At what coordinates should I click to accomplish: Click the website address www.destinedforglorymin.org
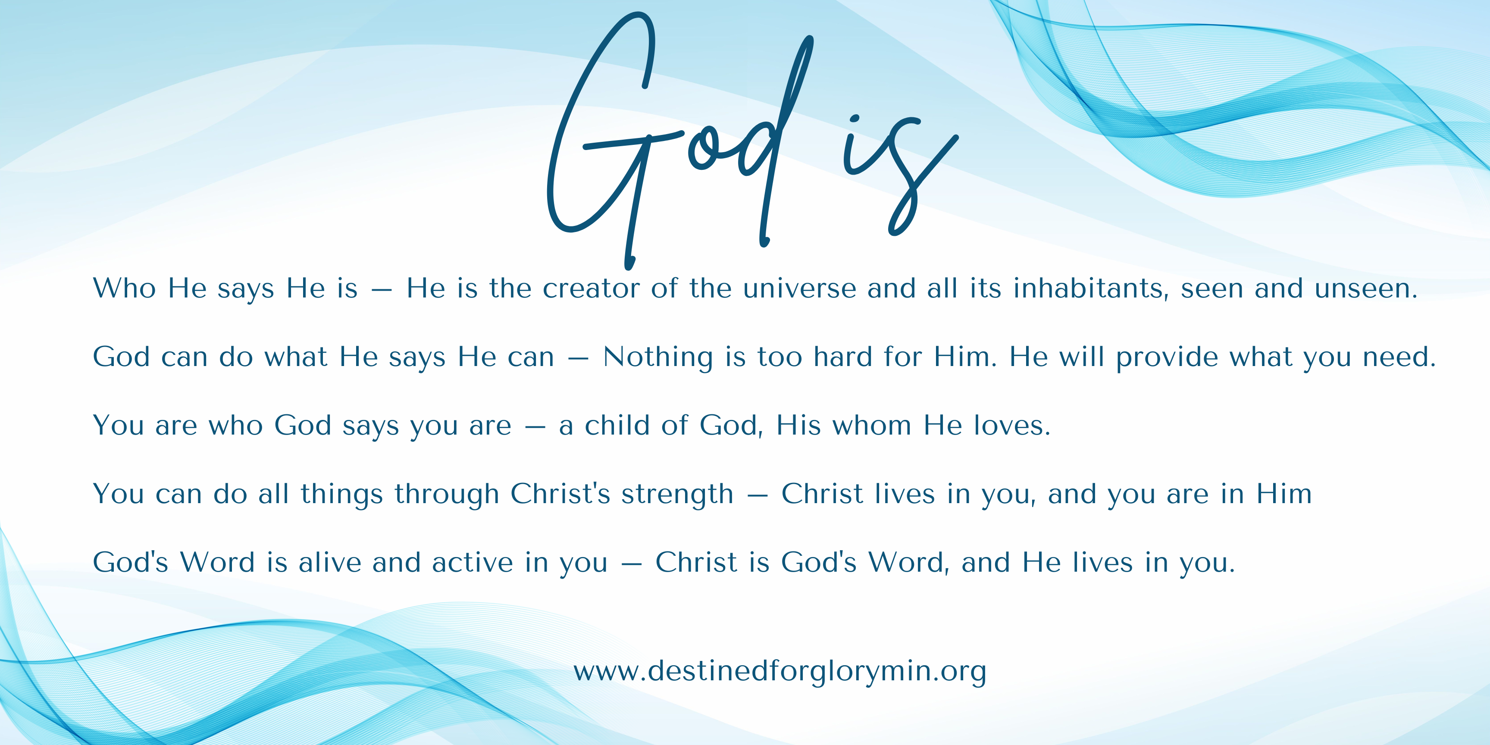tap(779, 672)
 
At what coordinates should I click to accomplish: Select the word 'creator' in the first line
tap(591, 288)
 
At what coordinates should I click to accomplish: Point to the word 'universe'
tap(799, 288)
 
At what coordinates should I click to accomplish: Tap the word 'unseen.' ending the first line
tap(1366, 288)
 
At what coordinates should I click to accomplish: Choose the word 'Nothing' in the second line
tap(657, 357)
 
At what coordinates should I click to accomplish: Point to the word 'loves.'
tap(1012, 425)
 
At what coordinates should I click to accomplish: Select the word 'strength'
tap(677, 495)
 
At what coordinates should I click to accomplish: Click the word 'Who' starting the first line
tap(124, 288)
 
